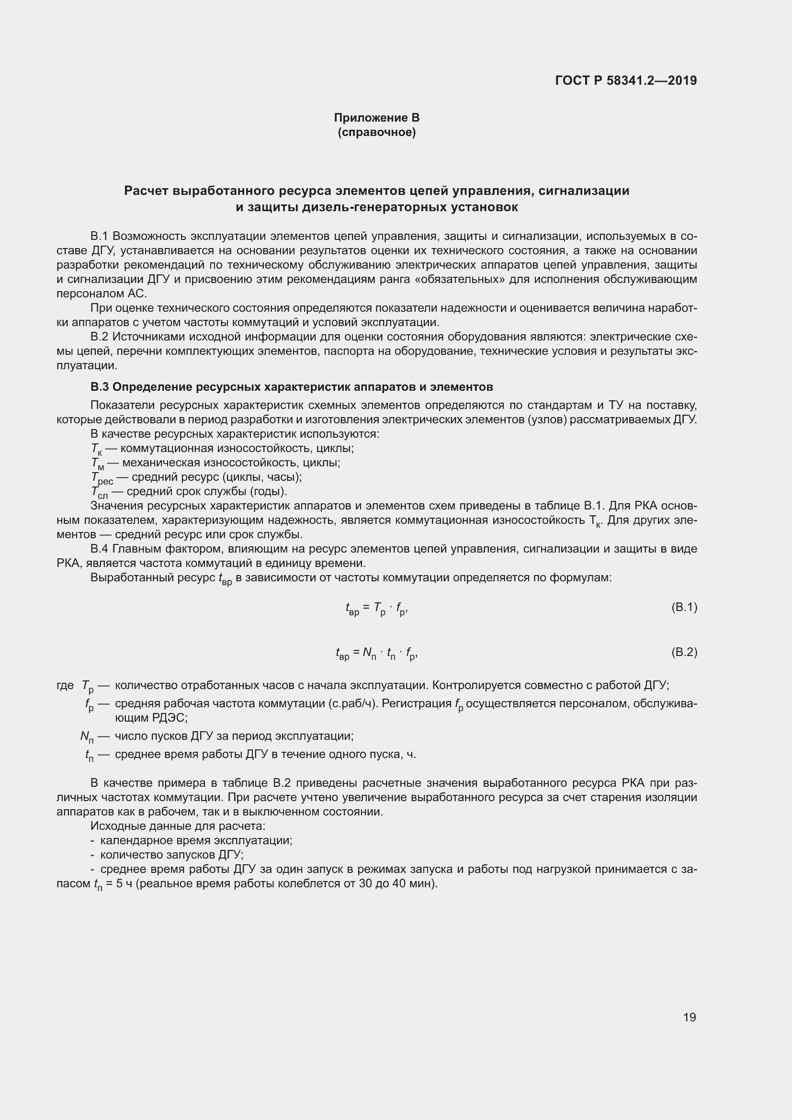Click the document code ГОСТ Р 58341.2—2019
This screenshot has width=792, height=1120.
(626, 80)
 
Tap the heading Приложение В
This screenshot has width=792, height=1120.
(376, 118)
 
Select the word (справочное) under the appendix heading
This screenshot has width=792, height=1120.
(376, 132)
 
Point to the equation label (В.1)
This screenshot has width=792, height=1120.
(684, 607)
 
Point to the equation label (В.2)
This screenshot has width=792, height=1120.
(684, 652)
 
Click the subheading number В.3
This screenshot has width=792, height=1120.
(100, 387)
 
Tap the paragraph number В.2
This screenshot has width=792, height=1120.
(100, 337)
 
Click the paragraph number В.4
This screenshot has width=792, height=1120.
(100, 549)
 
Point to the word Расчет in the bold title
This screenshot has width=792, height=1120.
(147, 191)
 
